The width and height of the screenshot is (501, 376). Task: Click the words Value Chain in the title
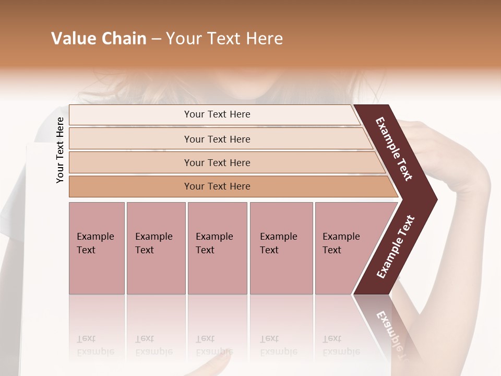99,39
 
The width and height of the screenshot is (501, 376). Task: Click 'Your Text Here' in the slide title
224,39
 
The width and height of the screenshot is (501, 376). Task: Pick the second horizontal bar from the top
217,139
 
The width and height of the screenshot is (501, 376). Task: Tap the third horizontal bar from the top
217,162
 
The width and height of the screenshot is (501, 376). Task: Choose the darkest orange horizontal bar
217,186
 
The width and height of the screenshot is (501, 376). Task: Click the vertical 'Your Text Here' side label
60,150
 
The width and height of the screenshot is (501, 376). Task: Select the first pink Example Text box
97,248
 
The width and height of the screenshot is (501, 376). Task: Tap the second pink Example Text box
156,248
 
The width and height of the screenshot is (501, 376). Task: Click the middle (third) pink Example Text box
217,248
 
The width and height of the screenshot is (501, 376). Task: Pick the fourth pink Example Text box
281,248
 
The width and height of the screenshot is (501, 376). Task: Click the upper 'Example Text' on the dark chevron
394,149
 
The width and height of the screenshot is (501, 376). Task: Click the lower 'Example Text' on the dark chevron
396,247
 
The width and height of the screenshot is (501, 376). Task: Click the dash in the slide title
156,39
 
